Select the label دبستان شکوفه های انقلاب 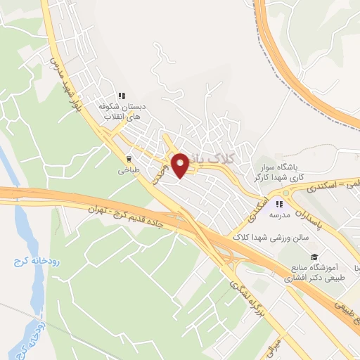click(121, 112)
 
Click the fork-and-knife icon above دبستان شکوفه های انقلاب click(121, 96)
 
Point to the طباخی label click(129, 170)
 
